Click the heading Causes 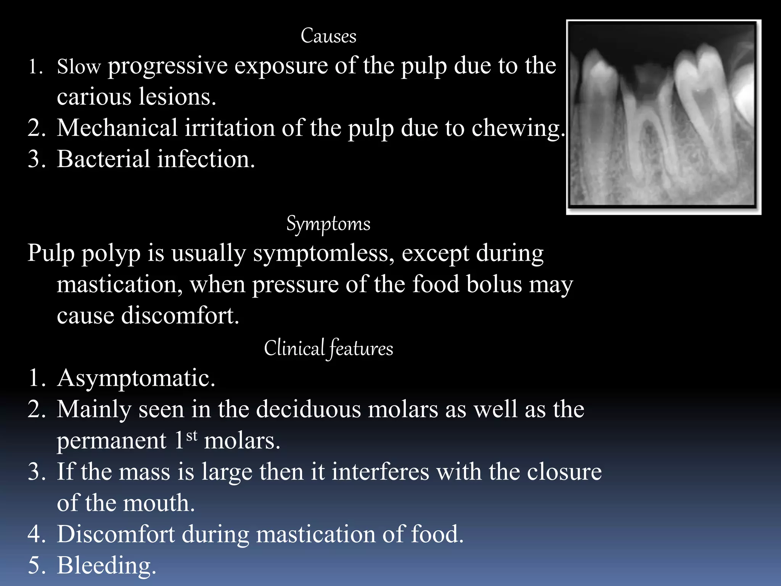[x=328, y=36]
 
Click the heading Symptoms [x=328, y=224]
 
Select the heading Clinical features [x=328, y=348]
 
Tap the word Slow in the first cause [x=79, y=67]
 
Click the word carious [x=94, y=97]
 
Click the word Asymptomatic [x=136, y=378]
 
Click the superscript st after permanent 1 [x=192, y=435]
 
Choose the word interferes [x=380, y=472]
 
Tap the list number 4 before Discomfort [x=36, y=534]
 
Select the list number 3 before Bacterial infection [x=36, y=159]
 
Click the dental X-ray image [x=663, y=117]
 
